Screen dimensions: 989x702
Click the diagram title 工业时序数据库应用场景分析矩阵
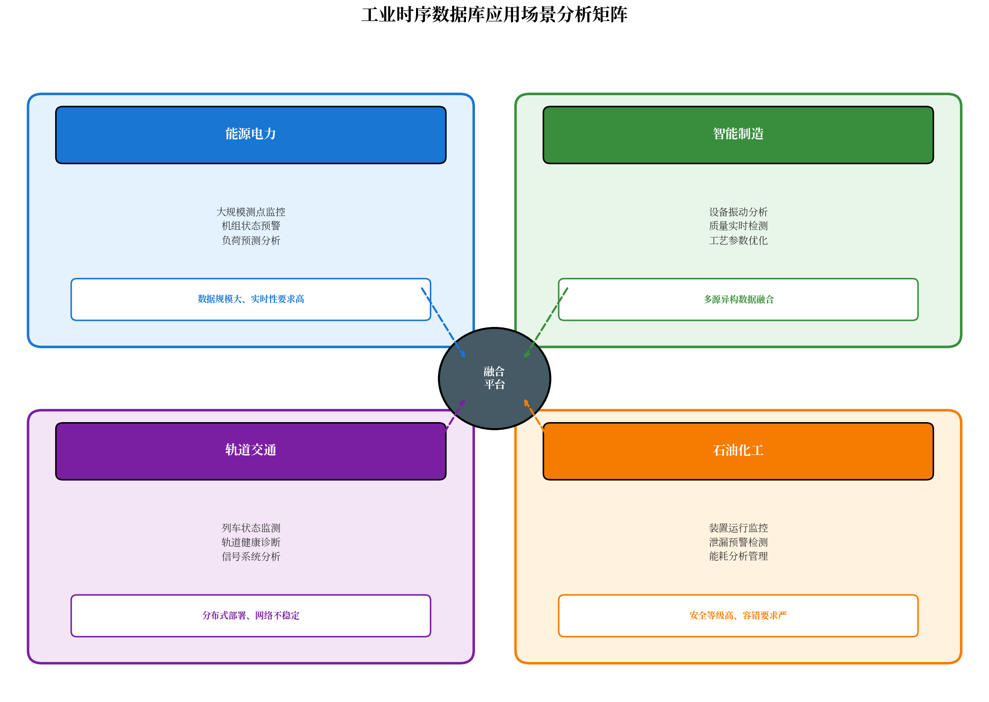tap(494, 15)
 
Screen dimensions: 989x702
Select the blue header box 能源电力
tap(251, 135)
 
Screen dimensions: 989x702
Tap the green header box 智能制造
tap(738, 135)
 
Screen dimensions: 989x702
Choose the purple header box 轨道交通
tap(251, 451)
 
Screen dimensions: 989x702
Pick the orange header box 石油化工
tap(738, 451)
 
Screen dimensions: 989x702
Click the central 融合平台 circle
tap(494, 378)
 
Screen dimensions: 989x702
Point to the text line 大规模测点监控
tap(251, 212)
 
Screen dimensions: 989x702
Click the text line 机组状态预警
tap(251, 226)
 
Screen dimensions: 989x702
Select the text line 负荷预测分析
tap(251, 240)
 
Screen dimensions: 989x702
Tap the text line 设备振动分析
tap(738, 212)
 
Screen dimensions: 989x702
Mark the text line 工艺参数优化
tap(738, 240)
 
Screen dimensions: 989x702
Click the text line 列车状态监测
tap(251, 528)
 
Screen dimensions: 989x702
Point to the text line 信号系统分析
tap(251, 556)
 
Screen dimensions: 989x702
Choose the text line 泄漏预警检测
tap(738, 542)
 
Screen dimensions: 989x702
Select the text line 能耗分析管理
tap(738, 556)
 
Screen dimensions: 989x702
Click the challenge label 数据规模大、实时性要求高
tap(251, 299)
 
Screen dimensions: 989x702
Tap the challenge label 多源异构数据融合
tap(738, 299)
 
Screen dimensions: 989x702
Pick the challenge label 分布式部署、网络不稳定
tap(251, 615)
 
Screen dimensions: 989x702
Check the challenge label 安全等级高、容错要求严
tap(738, 615)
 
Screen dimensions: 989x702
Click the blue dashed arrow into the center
tap(443, 323)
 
